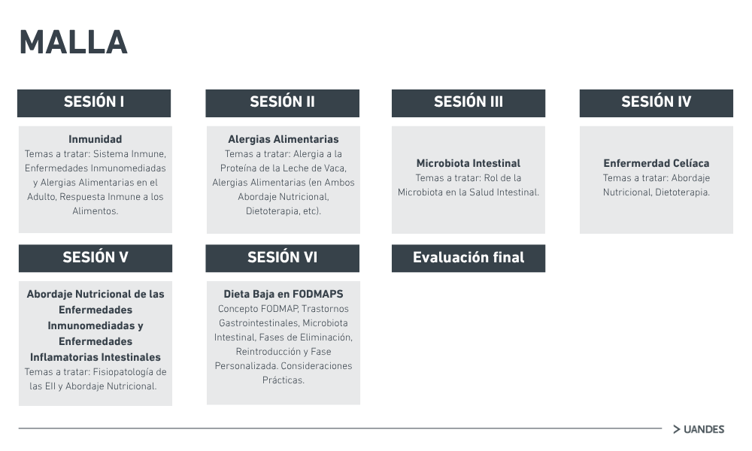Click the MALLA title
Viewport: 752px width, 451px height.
74,43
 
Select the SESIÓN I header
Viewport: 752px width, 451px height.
94,103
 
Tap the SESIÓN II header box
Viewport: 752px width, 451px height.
283,103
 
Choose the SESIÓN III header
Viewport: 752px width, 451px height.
468,103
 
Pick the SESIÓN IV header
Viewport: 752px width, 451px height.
656,103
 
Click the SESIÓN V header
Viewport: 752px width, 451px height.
96,259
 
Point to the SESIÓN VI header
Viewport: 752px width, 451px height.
283,259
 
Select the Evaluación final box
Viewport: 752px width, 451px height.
468,259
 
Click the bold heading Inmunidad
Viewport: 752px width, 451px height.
96,140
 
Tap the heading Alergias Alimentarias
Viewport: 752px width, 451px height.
284,140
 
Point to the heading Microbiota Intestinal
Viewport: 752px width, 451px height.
468,163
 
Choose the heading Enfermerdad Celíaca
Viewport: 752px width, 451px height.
656,163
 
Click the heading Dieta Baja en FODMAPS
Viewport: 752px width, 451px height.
284,294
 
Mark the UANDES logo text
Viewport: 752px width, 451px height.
704,429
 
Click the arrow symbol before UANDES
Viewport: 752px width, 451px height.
677,429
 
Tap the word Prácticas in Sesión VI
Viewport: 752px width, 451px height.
284,380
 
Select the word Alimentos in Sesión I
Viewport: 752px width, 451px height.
96,211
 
